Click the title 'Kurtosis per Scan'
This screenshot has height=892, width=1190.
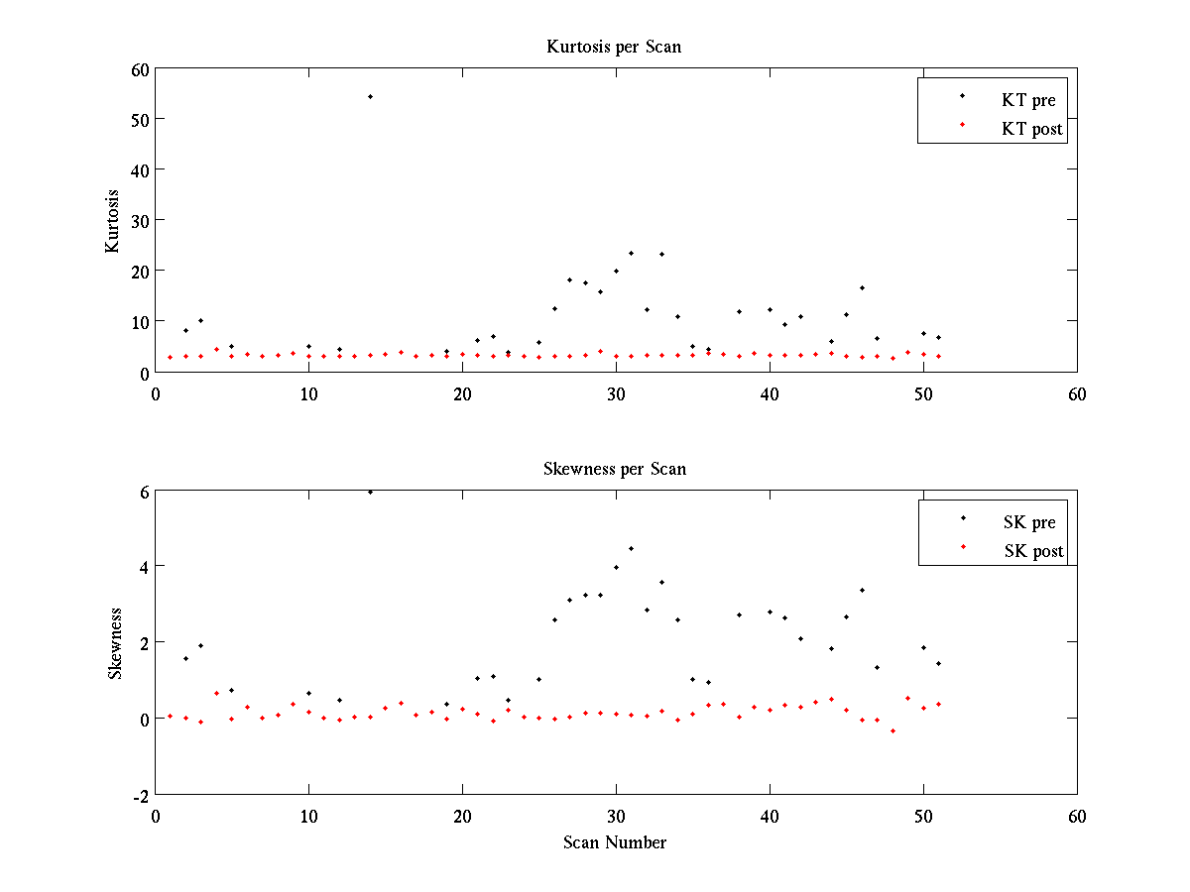coord(614,47)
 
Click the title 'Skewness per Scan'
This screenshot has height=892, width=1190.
coord(614,469)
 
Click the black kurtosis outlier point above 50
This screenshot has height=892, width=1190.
coord(370,96)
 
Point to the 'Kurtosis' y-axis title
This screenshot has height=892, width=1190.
coord(114,220)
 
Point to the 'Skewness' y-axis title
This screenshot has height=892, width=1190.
coord(114,643)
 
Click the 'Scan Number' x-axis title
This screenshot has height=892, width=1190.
coord(615,842)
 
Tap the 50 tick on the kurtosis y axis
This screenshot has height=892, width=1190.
coord(138,119)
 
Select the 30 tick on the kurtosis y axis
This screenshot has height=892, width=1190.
coord(138,220)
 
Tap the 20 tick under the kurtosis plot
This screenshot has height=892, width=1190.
coord(462,392)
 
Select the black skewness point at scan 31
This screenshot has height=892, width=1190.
coord(631,548)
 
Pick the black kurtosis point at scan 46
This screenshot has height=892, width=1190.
coord(862,287)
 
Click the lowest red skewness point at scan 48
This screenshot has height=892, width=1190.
coord(892,730)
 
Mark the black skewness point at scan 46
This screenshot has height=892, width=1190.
coord(862,590)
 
